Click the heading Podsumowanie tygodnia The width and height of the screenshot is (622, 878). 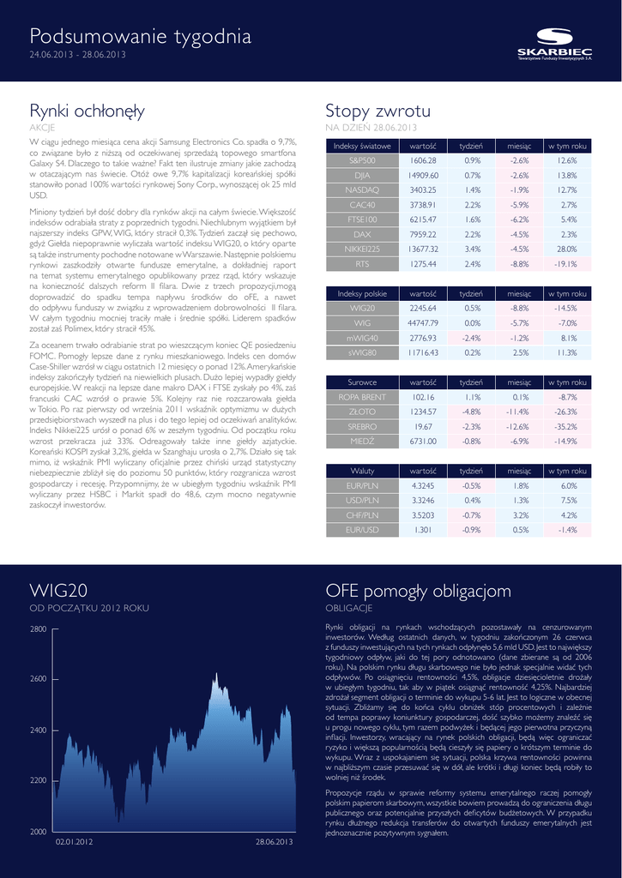141,37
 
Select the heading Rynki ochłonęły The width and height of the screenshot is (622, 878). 87,111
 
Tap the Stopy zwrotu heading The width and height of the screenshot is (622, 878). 378,111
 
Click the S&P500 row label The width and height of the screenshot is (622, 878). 362,160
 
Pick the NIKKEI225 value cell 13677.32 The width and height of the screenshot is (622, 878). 424,249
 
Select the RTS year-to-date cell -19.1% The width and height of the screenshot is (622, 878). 566,264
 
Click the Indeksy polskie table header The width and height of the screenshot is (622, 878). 362,293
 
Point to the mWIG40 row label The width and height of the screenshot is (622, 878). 362,338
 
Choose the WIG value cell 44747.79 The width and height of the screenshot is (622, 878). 423,323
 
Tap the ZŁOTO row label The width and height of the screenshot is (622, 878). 362,412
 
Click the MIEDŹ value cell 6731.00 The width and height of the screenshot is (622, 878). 423,442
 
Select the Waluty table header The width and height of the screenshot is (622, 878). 362,471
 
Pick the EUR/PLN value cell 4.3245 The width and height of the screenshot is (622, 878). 423,485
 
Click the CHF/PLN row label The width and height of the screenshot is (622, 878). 362,515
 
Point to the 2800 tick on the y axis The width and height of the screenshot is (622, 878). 38,629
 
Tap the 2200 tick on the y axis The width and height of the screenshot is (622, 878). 38,780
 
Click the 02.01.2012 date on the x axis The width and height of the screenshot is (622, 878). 73,842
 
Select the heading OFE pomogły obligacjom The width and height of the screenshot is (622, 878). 418,592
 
